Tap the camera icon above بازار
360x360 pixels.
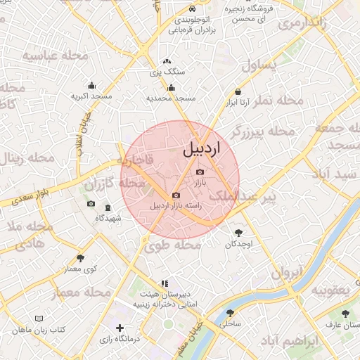(200, 172)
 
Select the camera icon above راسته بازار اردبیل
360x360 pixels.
(176, 195)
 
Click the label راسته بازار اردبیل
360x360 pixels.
(176, 206)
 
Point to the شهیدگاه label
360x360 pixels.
(108, 218)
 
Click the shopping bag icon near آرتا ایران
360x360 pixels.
(238, 92)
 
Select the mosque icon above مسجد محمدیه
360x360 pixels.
(172, 88)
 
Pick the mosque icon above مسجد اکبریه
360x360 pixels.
(91, 84)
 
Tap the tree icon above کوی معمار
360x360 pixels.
(81, 258)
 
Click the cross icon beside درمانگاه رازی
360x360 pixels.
(120, 328)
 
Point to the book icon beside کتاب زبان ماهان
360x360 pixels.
(15, 329)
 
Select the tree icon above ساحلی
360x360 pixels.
(230, 314)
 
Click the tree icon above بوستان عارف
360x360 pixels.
(345, 314)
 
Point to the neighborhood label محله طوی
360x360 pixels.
(172, 245)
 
